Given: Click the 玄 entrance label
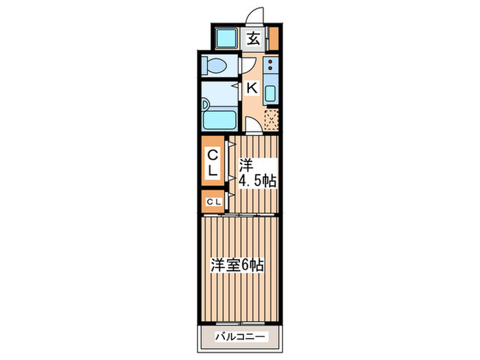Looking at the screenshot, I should click(x=253, y=38).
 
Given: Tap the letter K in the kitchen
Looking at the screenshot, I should click(x=252, y=88).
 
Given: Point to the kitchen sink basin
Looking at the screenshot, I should click(x=269, y=92).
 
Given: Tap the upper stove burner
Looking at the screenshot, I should click(x=269, y=63).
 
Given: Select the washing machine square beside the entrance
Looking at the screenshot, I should click(x=225, y=38).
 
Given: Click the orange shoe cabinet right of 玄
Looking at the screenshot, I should click(x=274, y=38).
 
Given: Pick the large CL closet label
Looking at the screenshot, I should click(x=213, y=162).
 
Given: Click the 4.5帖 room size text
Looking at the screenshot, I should click(x=257, y=182).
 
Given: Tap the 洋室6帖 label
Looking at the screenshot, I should click(x=237, y=265).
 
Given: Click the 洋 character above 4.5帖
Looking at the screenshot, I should click(x=245, y=165).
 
